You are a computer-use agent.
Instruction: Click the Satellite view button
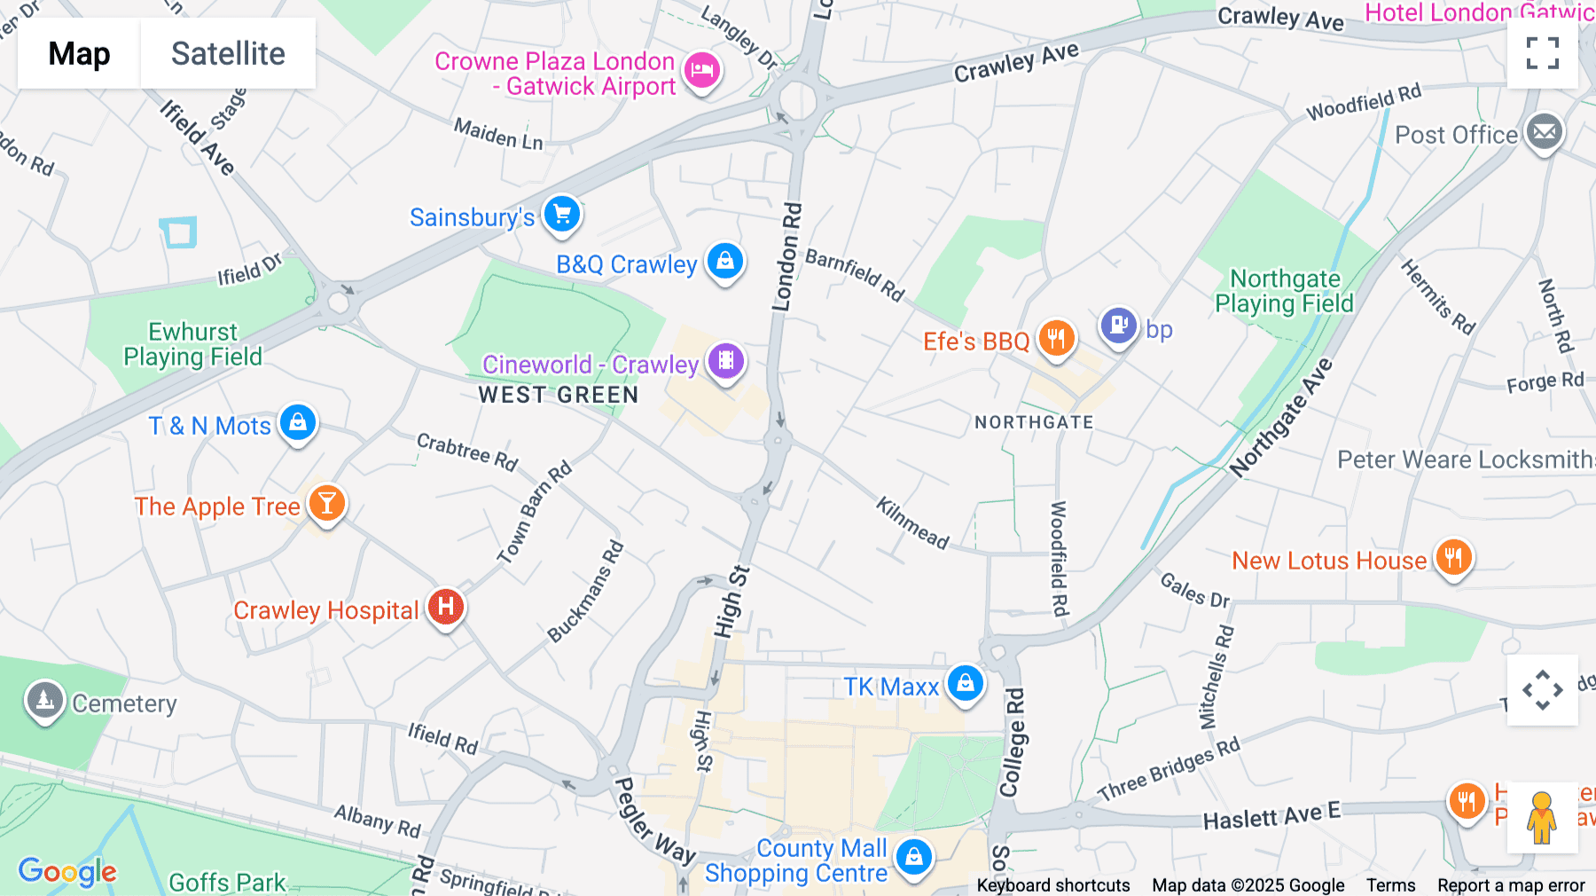[x=228, y=53]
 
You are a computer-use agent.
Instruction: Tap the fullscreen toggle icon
[x=1542, y=53]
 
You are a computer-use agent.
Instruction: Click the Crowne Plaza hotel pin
[x=702, y=70]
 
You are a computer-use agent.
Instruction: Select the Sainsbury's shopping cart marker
[x=561, y=214]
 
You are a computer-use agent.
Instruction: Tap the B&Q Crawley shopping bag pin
[x=724, y=262]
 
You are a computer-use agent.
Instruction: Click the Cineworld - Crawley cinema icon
[x=725, y=361]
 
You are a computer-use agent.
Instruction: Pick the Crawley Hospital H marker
[x=445, y=607]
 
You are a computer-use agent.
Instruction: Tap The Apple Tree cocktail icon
[x=326, y=503]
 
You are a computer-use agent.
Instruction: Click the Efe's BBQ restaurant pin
[x=1055, y=338]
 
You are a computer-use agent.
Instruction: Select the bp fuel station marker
[x=1118, y=326]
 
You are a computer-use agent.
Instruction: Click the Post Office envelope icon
[x=1544, y=132]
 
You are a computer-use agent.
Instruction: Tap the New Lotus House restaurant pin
[x=1452, y=558]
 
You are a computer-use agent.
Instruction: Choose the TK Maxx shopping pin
[x=965, y=684]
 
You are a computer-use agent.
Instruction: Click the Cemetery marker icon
[x=44, y=701]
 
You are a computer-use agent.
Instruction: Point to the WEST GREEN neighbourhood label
[x=558, y=395]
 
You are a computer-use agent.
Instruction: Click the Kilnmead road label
[x=912, y=523]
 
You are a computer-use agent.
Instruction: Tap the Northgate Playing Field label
[x=1284, y=291]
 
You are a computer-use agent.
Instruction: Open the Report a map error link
[x=1511, y=885]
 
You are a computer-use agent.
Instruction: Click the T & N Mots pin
[x=297, y=422]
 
